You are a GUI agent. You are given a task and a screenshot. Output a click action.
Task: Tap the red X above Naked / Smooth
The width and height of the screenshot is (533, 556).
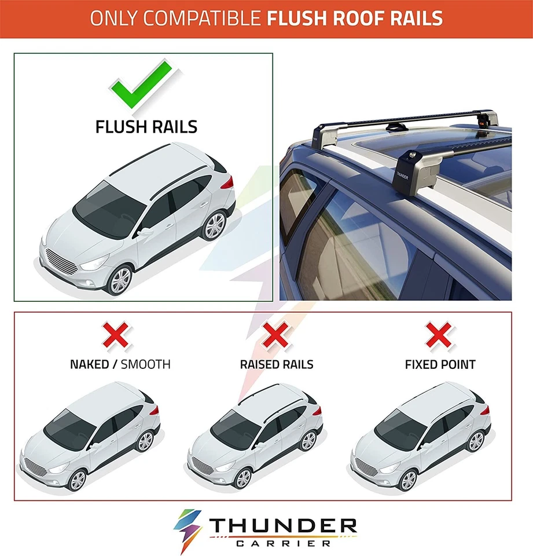(116, 335)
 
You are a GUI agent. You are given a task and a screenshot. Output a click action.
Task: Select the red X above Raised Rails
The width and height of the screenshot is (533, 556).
(276, 334)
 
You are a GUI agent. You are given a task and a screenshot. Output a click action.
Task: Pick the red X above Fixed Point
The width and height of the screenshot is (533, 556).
(439, 334)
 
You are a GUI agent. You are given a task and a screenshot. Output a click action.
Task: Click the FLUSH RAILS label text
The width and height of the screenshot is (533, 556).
(146, 127)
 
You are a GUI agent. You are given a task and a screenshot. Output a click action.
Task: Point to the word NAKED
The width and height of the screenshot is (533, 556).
(89, 364)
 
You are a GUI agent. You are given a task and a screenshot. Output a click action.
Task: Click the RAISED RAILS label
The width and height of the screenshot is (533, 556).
(277, 364)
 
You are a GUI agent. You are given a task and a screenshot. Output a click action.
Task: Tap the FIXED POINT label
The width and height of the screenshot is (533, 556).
(440, 364)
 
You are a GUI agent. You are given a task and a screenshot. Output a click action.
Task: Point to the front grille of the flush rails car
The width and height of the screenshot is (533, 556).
(61, 261)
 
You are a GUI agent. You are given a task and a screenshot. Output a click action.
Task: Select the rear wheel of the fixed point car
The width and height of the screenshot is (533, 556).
(476, 441)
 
